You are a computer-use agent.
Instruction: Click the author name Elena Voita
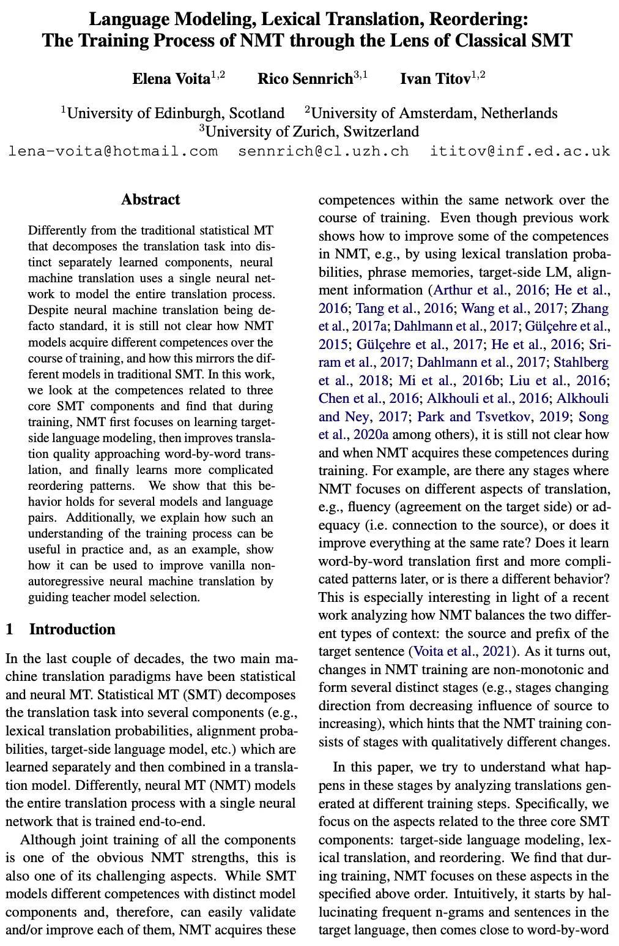point(171,79)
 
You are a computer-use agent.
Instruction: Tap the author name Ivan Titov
point(436,79)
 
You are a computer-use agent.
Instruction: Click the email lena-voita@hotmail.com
point(113,151)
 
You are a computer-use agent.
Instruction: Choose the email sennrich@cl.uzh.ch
point(324,151)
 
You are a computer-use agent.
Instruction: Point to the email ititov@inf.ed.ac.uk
point(520,151)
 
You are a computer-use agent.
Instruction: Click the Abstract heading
point(150,200)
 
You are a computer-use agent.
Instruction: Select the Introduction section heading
point(72,629)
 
